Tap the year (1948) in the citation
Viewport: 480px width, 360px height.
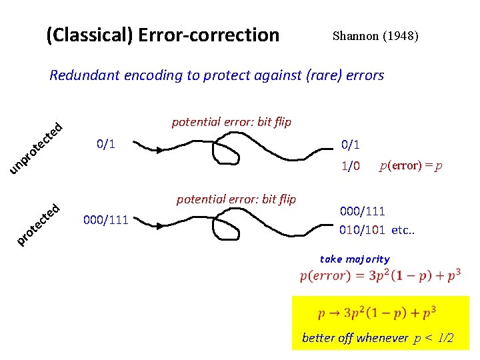[400, 36]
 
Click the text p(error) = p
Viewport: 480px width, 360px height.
[411, 166]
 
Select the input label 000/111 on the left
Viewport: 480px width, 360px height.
[106, 219]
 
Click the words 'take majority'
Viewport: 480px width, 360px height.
[355, 259]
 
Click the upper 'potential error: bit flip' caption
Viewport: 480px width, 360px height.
[231, 122]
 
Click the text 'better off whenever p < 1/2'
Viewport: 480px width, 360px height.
[378, 339]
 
